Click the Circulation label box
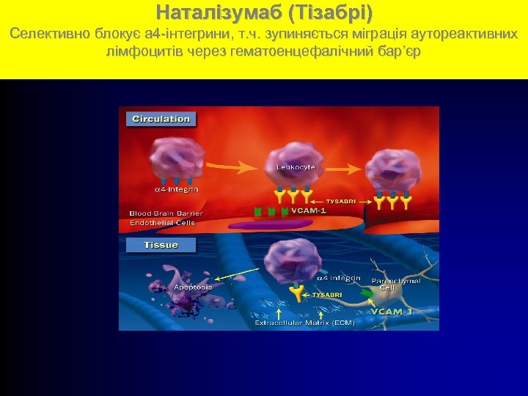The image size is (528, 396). [x=161, y=119]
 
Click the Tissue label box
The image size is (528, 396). [x=161, y=245]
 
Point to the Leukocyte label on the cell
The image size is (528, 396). [x=296, y=167]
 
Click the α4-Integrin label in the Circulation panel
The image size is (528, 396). [x=175, y=189]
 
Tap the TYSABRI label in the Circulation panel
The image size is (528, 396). [x=340, y=199]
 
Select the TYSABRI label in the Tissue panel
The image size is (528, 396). [x=326, y=295]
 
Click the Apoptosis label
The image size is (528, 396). [x=193, y=287]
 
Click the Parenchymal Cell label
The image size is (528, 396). [x=396, y=285]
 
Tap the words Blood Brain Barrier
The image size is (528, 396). [x=166, y=213]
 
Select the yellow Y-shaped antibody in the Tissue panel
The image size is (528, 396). [x=296, y=294]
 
